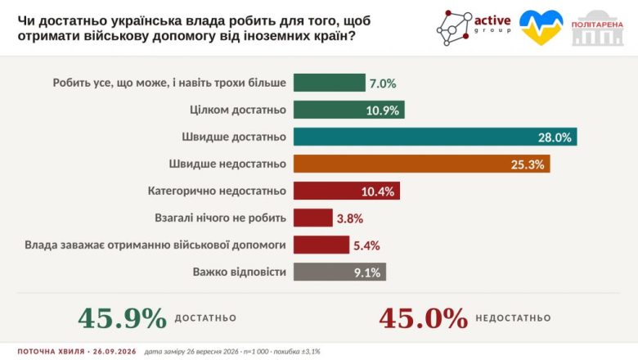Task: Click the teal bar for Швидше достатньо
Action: click(x=435, y=137)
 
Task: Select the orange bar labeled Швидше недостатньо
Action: click(x=421, y=164)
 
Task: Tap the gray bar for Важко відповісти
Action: click(x=339, y=272)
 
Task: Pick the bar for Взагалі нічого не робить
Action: click(x=313, y=218)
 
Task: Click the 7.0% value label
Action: click(x=383, y=83)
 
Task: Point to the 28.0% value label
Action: click(x=555, y=137)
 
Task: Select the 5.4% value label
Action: click(x=366, y=245)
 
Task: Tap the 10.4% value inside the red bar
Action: click(x=378, y=191)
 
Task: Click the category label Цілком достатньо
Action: click(x=238, y=110)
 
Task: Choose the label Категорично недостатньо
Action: click(x=217, y=191)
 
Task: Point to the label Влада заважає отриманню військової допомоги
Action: click(x=155, y=245)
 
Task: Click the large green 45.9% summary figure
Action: click(x=123, y=318)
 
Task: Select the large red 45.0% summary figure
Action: click(x=424, y=318)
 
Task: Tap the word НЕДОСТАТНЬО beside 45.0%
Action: click(x=513, y=318)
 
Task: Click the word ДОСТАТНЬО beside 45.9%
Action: click(x=205, y=318)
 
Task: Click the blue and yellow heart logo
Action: click(x=541, y=27)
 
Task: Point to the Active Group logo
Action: click(x=474, y=28)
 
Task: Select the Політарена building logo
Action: click(x=597, y=28)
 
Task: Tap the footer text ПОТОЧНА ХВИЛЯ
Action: click(x=51, y=352)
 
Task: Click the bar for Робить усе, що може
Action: click(x=330, y=83)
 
